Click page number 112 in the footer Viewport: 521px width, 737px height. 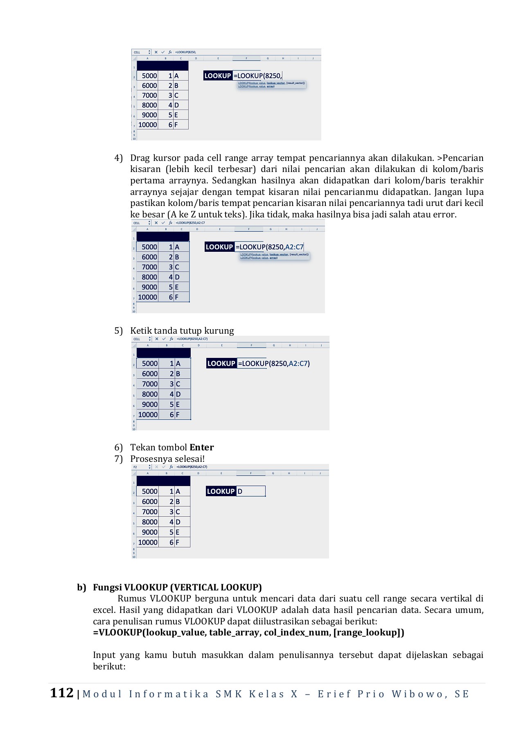[x=62, y=693]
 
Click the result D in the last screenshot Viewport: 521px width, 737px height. [x=240, y=491]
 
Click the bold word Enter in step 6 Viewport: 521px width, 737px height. [x=201, y=447]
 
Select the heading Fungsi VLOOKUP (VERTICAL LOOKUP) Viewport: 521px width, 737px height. [x=177, y=587]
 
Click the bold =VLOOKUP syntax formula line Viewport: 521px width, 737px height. [x=248, y=632]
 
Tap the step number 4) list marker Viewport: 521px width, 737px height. [x=118, y=158]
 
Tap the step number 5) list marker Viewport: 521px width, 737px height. [x=118, y=331]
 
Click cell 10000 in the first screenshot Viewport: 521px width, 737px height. [x=148, y=125]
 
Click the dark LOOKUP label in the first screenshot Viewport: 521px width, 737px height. [x=217, y=76]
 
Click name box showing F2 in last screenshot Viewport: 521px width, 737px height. [x=139, y=467]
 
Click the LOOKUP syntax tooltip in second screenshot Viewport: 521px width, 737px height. [x=275, y=256]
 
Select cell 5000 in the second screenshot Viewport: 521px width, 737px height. [x=149, y=247]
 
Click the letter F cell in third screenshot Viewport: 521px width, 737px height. [x=178, y=414]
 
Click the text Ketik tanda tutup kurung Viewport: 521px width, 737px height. [x=182, y=331]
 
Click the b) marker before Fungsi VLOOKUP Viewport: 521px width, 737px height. [x=81, y=587]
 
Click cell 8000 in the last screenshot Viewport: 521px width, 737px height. [x=149, y=522]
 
